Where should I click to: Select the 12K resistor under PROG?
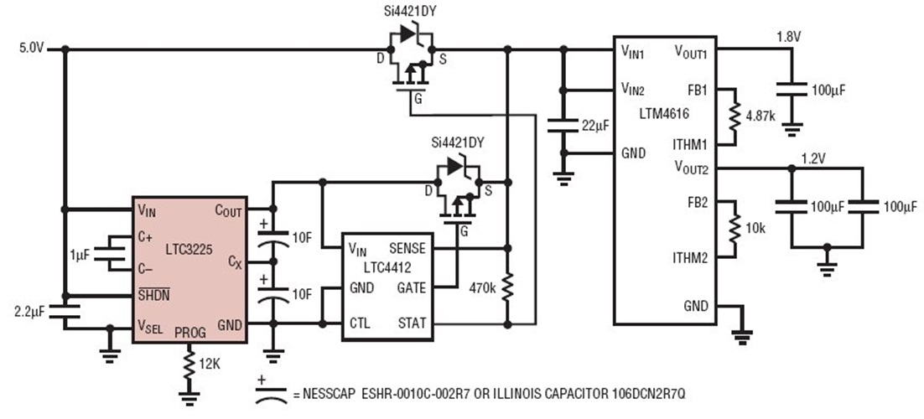(x=189, y=365)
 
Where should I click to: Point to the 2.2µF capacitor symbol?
(x=63, y=311)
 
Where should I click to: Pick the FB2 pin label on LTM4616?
(x=695, y=203)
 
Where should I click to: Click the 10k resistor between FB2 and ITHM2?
(x=735, y=229)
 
